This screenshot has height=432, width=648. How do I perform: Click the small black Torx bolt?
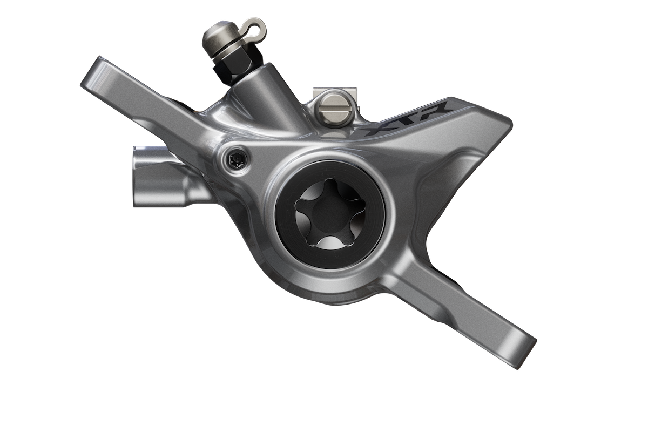(237, 159)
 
